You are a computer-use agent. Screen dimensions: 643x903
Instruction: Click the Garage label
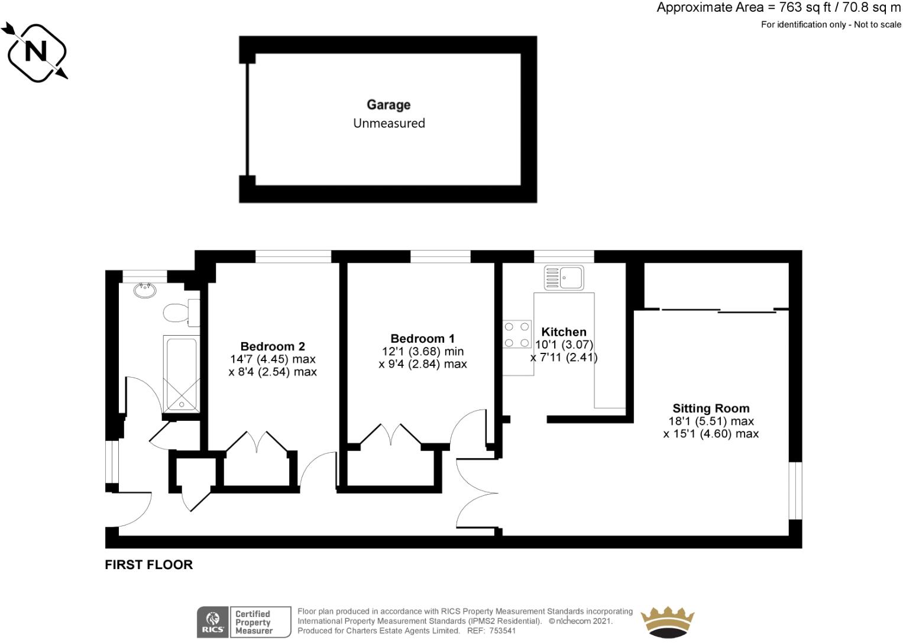pos(389,105)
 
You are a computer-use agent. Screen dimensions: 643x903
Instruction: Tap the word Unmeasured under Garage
pos(389,124)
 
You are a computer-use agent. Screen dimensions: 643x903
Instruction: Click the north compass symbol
pos(35,52)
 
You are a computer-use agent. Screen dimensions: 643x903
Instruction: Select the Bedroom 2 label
pos(272,346)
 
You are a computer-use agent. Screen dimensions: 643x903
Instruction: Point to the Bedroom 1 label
pos(422,339)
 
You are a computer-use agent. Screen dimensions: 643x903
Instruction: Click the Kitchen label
pos(564,332)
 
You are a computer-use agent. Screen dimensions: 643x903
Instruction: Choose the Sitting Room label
pos(710,408)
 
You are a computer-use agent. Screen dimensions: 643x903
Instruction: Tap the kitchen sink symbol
pos(564,277)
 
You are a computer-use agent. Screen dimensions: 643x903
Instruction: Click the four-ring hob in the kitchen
pos(517,334)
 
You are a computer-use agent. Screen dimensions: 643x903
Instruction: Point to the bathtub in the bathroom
pos(180,374)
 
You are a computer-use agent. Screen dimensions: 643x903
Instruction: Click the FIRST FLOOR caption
pos(148,564)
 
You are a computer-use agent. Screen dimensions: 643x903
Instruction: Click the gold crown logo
pos(667,622)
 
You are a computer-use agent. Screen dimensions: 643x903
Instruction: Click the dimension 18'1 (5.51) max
pos(710,421)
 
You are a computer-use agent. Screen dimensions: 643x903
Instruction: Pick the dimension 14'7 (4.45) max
pos(272,359)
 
